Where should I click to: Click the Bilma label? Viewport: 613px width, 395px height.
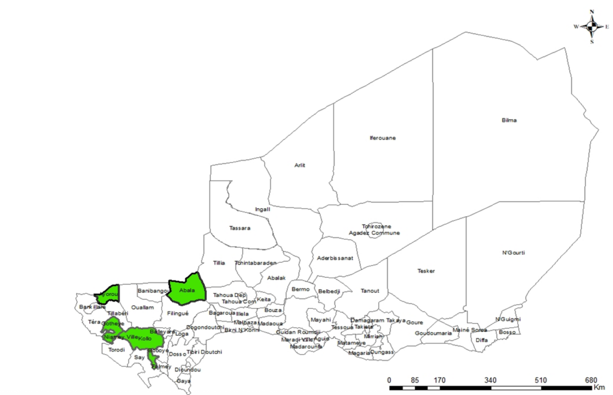(x=508, y=120)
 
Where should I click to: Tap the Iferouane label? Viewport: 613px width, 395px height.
(x=383, y=138)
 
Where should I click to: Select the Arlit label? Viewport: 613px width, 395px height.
(x=300, y=165)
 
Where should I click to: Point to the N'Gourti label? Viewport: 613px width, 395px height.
(x=514, y=253)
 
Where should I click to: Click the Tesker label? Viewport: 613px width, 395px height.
(x=426, y=271)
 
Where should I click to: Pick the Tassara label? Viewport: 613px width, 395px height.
(x=239, y=228)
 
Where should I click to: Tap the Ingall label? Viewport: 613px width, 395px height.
(x=263, y=209)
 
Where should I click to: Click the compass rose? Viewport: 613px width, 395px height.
(x=591, y=26)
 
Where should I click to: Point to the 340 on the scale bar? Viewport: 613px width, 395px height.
(x=490, y=380)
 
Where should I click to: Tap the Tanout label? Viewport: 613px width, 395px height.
(x=370, y=291)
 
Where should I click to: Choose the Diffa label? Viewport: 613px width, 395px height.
(x=482, y=340)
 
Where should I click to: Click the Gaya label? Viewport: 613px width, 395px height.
(x=184, y=381)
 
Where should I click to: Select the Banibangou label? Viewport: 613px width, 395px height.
(x=154, y=291)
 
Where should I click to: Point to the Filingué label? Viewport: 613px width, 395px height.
(x=178, y=313)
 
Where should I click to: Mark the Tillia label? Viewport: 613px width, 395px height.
(x=219, y=263)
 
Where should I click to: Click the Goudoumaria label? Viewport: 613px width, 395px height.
(x=433, y=333)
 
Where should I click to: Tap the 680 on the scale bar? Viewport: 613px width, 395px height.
(x=591, y=380)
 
